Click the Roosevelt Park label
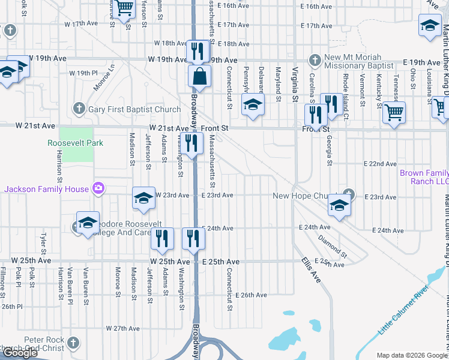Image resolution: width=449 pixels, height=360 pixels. pos(76,143)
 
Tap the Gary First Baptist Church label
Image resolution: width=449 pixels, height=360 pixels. pos(134,109)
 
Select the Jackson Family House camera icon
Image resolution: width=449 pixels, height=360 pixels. pos(98,189)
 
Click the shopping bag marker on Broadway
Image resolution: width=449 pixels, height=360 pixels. pos(199,77)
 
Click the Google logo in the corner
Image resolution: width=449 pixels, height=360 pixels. pos(20,353)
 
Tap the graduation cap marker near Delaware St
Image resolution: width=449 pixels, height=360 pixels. pos(253,105)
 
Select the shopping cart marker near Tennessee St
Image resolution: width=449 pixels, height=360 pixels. pos(393,112)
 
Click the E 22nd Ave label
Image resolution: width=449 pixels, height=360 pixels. pos(380,164)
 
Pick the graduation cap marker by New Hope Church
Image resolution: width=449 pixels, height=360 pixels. pos(339,206)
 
